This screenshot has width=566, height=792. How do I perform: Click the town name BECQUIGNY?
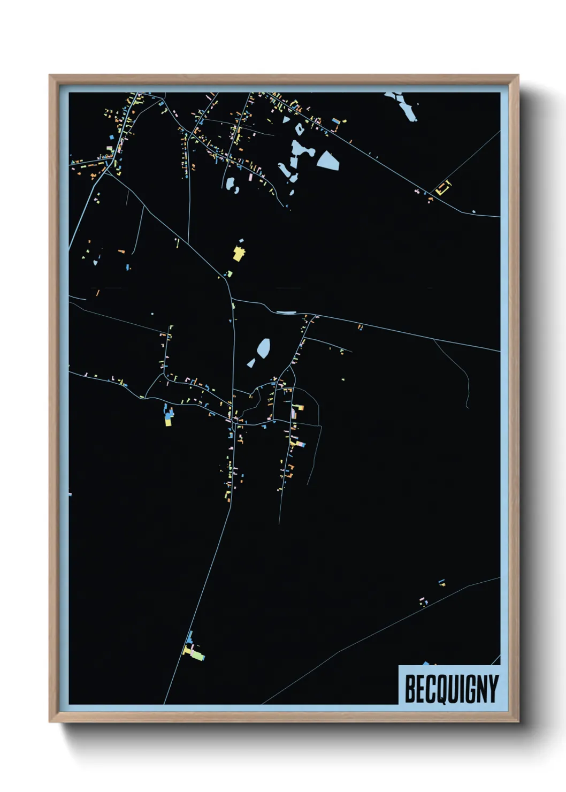click(x=452, y=689)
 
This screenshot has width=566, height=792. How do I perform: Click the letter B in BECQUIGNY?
click(x=410, y=689)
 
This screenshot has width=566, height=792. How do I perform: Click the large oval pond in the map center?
click(x=263, y=348)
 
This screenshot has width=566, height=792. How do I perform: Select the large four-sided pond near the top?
click(x=328, y=160)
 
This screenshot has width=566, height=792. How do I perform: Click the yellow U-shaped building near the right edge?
click(x=443, y=188)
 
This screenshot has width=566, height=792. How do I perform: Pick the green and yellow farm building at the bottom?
click(x=196, y=654)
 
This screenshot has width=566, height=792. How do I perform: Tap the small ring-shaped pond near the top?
click(x=299, y=129)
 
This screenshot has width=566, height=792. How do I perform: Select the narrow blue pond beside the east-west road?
click(x=286, y=313)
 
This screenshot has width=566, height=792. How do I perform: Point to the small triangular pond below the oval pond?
click(x=251, y=363)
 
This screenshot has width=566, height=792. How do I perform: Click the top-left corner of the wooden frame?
click(x=50, y=75)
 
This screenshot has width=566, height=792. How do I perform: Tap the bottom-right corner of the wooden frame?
click(x=518, y=721)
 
